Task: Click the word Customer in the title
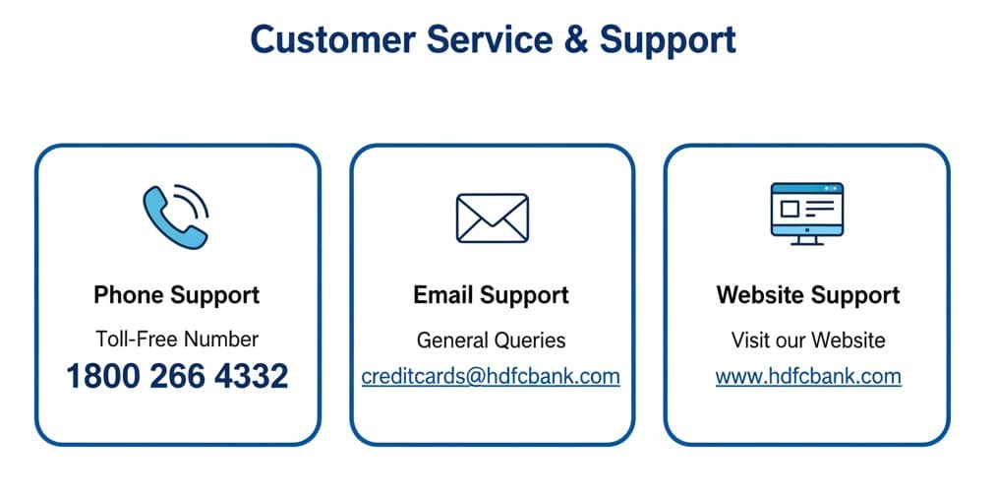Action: click(333, 39)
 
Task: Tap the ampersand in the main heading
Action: click(576, 39)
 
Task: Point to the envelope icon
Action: click(493, 218)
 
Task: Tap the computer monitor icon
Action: click(806, 214)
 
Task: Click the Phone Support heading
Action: click(177, 295)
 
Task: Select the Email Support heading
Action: click(491, 295)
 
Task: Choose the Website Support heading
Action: click(808, 295)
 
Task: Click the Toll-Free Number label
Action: click(177, 340)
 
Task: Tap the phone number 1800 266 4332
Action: click(177, 376)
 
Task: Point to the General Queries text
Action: click(491, 341)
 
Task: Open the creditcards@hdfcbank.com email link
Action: click(491, 377)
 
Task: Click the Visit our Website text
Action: click(808, 340)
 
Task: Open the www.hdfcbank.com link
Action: click(808, 377)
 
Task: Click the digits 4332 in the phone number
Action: click(251, 376)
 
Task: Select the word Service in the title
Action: click(489, 39)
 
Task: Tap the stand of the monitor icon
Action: click(806, 240)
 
